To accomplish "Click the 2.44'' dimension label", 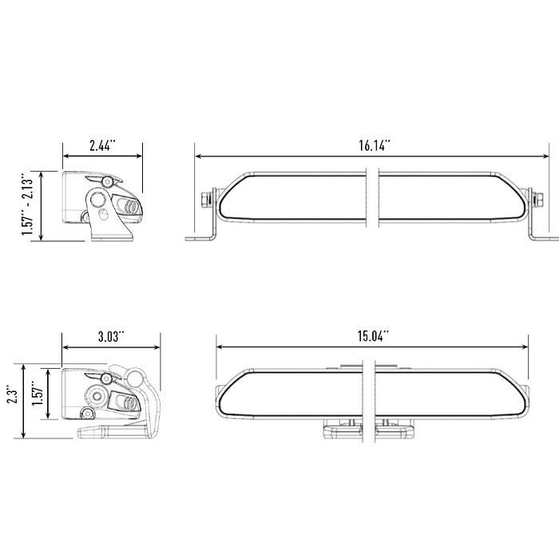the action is point(103,145).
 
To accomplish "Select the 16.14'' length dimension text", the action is point(375,145).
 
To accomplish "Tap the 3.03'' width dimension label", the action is point(111,336).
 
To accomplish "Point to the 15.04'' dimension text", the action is point(373,336).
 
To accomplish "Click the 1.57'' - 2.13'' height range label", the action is point(27,204).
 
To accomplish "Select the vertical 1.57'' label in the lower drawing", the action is point(38,393).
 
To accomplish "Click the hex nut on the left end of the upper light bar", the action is point(206,200).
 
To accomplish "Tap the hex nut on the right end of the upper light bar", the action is point(538,200).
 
